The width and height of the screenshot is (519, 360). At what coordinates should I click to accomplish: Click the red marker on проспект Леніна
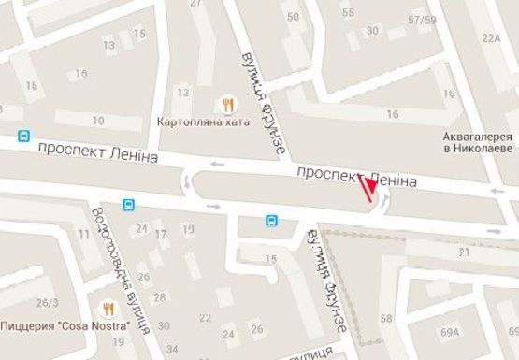(368, 188)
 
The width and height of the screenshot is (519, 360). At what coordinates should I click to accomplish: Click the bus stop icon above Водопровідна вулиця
(128, 204)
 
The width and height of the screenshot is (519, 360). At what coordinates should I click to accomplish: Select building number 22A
(492, 38)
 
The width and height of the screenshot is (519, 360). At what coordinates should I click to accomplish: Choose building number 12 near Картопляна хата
(183, 92)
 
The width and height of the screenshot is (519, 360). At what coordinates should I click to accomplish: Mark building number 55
(349, 12)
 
